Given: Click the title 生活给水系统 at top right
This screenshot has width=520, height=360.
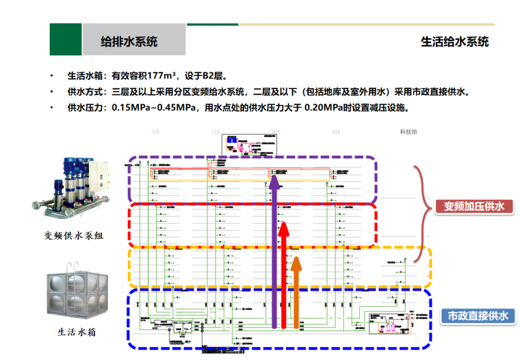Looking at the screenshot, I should click(x=454, y=41).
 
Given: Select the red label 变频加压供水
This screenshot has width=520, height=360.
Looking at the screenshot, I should click(x=473, y=207).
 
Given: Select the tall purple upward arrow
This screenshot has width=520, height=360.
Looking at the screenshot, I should click(x=275, y=253).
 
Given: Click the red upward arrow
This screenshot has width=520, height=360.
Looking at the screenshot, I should click(x=285, y=274).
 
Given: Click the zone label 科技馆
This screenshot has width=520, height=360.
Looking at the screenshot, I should click(x=408, y=130).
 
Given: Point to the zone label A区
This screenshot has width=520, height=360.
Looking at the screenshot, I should click(x=155, y=130).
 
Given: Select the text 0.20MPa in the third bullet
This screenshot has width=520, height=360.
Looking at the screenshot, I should click(x=323, y=107).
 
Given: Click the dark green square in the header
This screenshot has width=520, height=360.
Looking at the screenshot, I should click(x=65, y=39).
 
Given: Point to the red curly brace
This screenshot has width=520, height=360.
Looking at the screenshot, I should click(x=423, y=205).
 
